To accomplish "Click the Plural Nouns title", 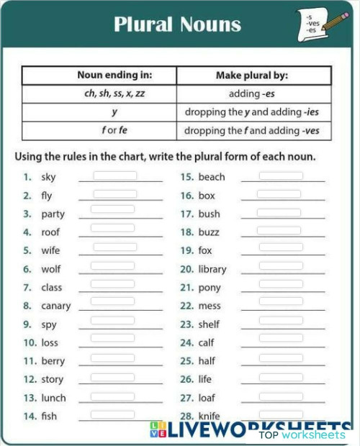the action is coord(177,24).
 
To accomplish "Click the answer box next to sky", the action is coord(114,176).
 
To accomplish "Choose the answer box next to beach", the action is coord(281,176).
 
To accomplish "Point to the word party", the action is coord(53,214).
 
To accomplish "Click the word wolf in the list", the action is coord(50,269).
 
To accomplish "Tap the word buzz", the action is coord(209,232).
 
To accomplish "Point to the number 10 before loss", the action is coord(30,343).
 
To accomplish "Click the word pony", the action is coord(210,288).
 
